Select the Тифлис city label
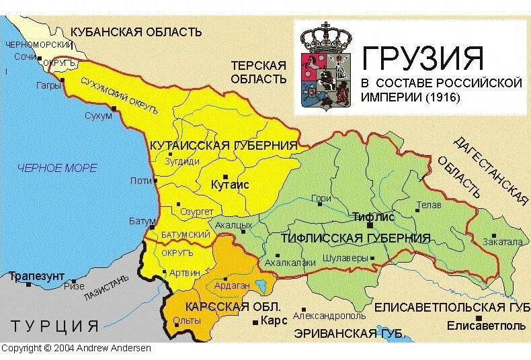point(373,218)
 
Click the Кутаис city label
point(230,184)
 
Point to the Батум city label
point(142,221)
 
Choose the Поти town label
point(140,181)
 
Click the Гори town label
point(321,198)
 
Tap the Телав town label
point(428,205)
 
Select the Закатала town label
point(502,242)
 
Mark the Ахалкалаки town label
point(290,263)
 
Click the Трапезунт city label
point(36,276)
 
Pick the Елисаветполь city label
point(487,326)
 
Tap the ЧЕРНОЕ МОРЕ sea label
point(57,168)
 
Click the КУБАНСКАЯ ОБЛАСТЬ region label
point(136,32)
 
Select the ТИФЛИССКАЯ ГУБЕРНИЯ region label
point(355,238)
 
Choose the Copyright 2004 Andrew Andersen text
point(76,348)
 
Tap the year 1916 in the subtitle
point(442,97)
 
